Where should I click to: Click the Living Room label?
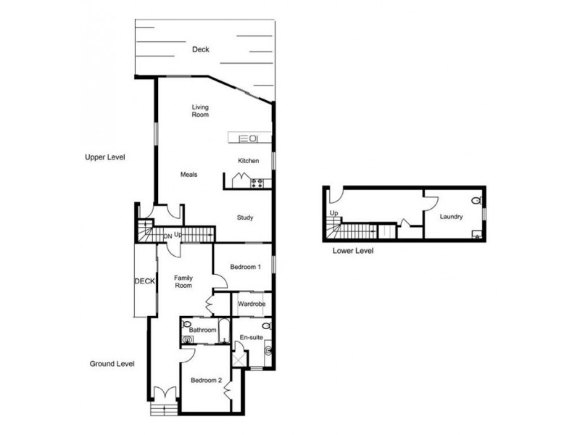[x=200, y=111]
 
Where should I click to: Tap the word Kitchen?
[x=249, y=160]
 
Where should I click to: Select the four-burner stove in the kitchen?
[x=257, y=182]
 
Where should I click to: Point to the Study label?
[x=247, y=217]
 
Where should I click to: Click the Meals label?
[x=188, y=175]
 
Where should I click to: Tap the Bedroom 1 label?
[x=245, y=268]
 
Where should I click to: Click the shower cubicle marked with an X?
[x=239, y=358]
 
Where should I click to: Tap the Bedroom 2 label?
[x=206, y=380]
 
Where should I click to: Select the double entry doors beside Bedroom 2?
[x=165, y=395]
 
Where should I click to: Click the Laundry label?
[x=452, y=216]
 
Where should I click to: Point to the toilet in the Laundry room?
[x=476, y=201]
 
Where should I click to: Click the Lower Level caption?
[x=354, y=252]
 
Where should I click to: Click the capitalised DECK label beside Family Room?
[x=144, y=281]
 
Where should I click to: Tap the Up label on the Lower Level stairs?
[x=333, y=212]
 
